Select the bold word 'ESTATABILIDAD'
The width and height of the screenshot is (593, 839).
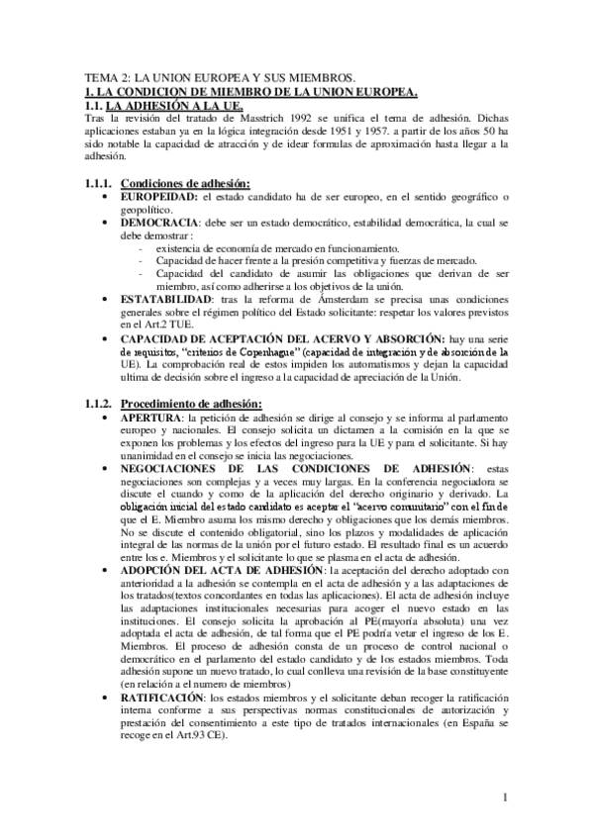pyautogui.click(x=175, y=299)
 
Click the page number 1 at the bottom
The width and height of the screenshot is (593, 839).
pyautogui.click(x=504, y=797)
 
